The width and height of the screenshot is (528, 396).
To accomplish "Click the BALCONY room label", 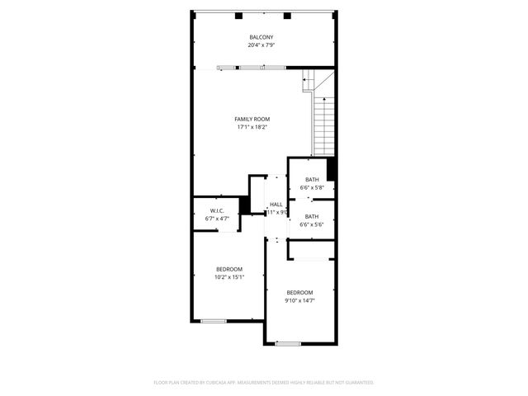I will point(262,38).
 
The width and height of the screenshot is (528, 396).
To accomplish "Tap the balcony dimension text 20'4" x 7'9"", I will point(262,45).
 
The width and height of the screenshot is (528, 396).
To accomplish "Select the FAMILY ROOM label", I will point(252,119).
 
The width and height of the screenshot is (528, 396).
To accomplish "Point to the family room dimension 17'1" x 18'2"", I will point(252,127).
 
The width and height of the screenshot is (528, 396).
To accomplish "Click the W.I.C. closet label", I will point(218,211).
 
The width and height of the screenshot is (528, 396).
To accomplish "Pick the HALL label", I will point(276,205).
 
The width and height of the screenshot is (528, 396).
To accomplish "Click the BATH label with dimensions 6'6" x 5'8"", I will point(312,180).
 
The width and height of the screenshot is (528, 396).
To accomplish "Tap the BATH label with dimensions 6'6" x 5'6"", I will point(312,216).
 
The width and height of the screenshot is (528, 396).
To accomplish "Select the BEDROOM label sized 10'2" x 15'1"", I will point(229,269).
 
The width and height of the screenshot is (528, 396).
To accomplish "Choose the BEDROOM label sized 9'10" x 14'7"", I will point(300,293).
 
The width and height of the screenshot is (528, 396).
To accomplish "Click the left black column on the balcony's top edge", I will point(237,15).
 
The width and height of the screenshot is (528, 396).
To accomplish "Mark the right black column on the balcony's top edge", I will point(287,15).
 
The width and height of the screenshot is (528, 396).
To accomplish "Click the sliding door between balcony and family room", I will point(240,68).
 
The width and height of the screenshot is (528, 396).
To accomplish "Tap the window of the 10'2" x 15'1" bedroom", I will point(214,321).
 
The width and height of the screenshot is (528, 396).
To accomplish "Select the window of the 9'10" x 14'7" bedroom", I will point(288,343).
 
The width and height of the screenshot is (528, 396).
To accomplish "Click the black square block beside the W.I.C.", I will point(244,205).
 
